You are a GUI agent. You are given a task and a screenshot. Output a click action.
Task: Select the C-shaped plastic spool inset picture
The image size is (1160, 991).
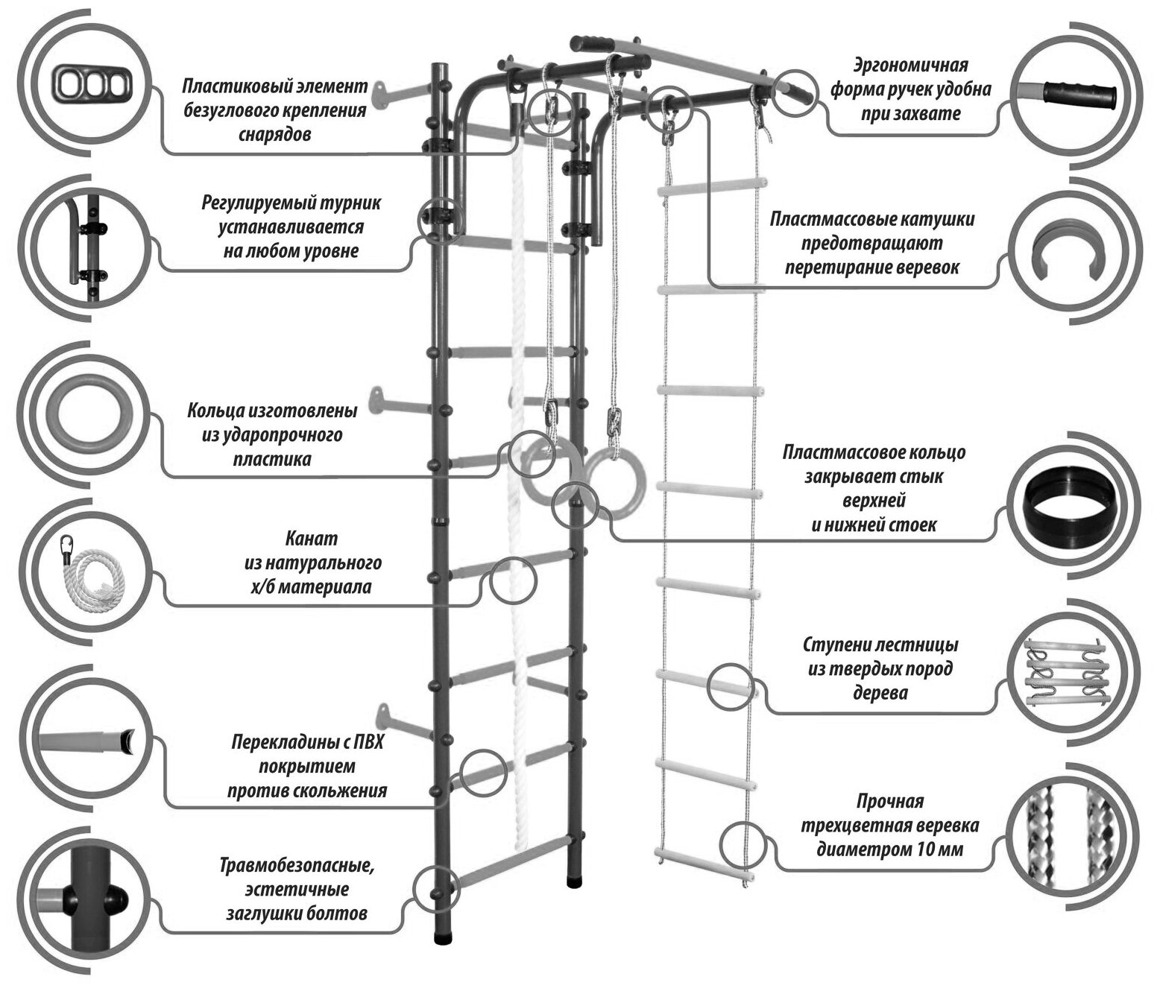1067,255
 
